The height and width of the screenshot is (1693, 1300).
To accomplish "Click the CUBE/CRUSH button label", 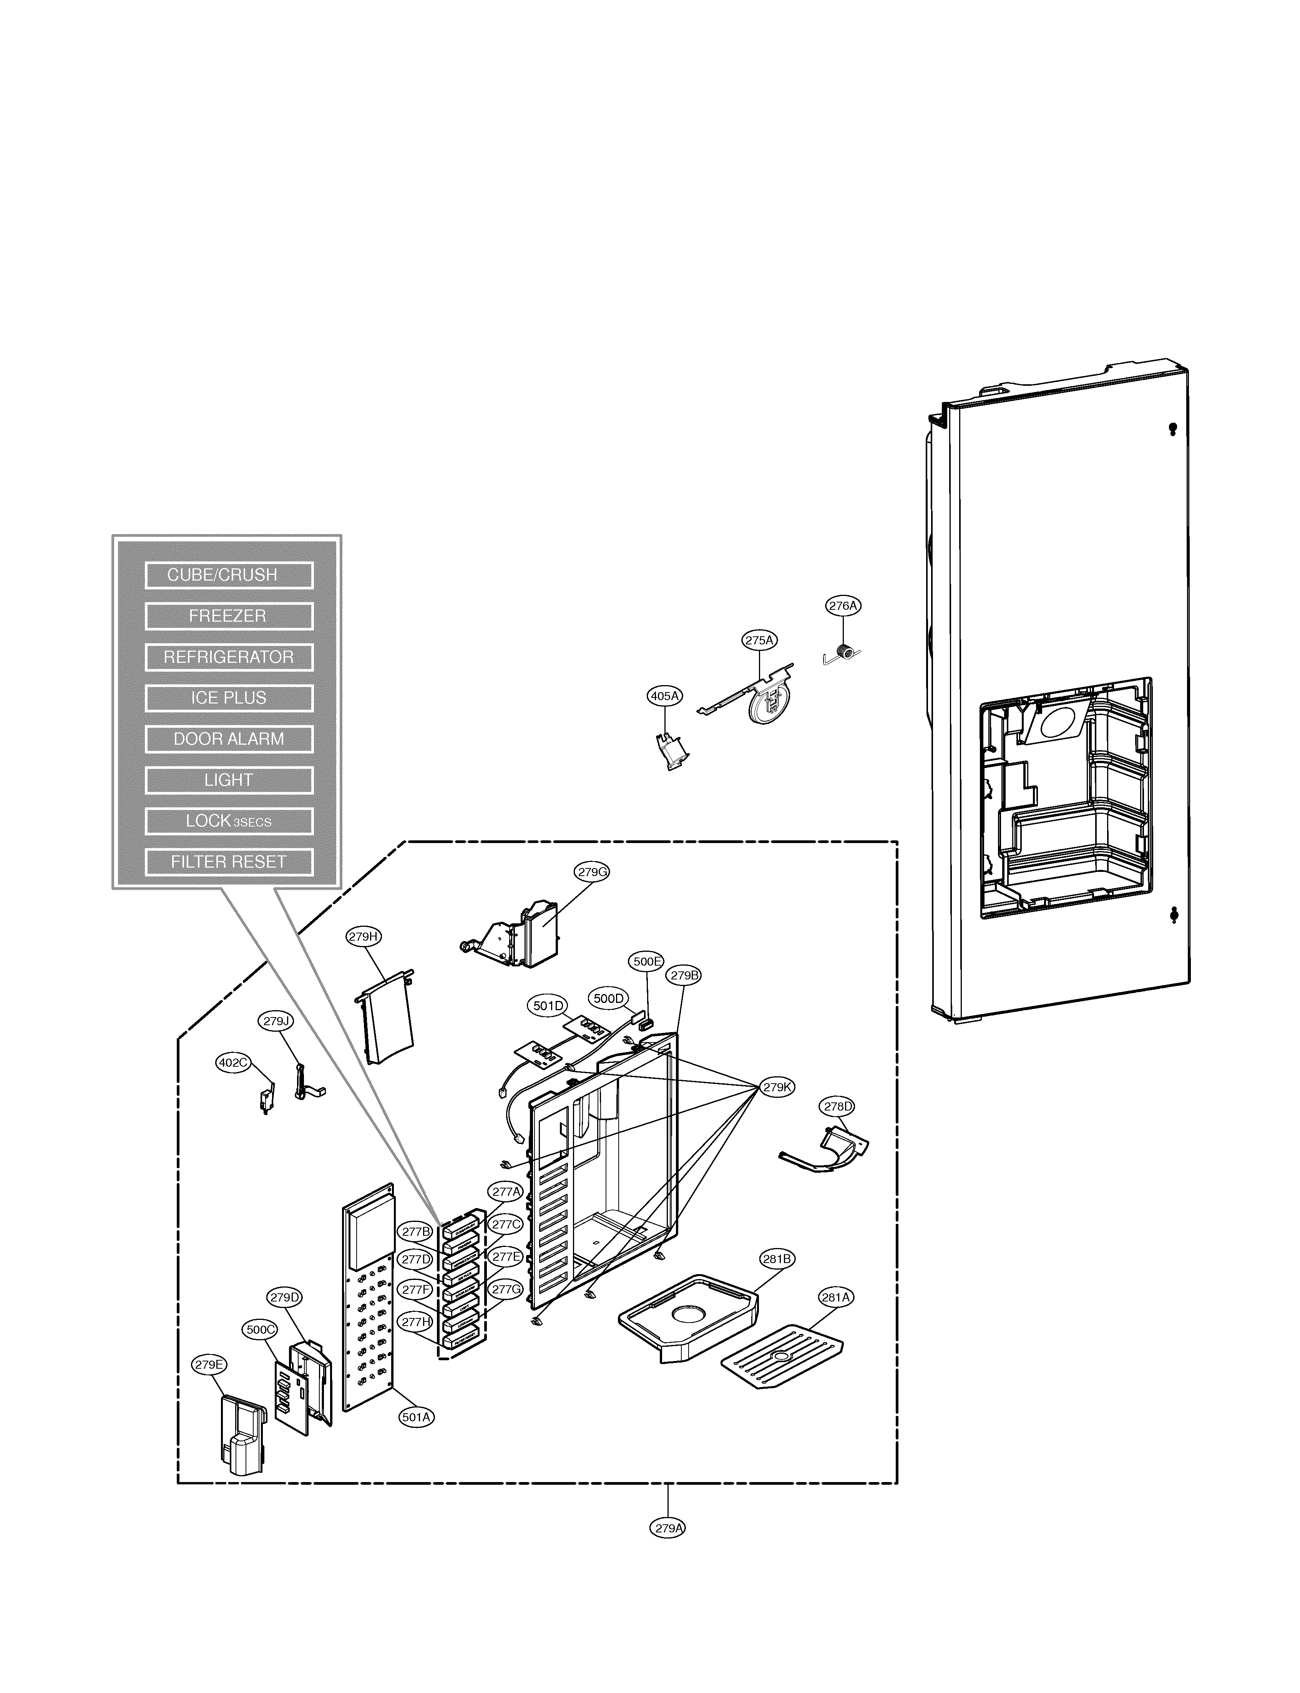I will tap(228, 575).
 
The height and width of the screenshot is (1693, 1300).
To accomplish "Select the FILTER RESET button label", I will tap(228, 862).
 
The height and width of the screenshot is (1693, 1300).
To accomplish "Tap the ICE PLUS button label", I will tap(228, 698).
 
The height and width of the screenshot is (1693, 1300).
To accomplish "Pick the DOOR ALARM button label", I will tap(228, 739).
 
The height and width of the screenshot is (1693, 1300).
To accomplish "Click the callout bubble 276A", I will tap(843, 606).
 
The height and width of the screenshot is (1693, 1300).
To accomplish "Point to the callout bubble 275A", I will tap(759, 640).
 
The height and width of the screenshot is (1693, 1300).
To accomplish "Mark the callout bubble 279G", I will tap(592, 871).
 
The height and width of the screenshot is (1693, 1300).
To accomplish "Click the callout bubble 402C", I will tap(233, 1062).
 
